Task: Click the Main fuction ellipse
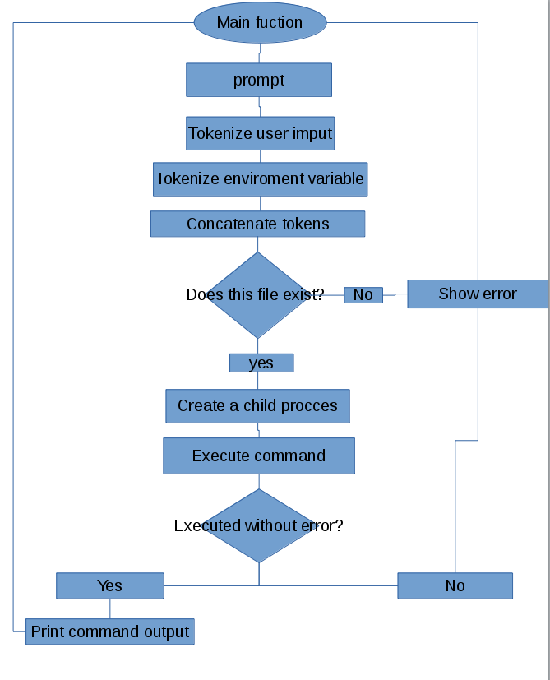tap(260, 22)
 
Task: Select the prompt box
tap(259, 80)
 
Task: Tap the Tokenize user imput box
tap(260, 133)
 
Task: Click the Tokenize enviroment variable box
tap(260, 178)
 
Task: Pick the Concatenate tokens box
tap(257, 224)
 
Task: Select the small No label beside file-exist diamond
tap(363, 294)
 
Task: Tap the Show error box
tap(477, 294)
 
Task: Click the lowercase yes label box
tap(261, 363)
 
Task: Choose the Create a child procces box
tap(257, 405)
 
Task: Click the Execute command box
tap(259, 456)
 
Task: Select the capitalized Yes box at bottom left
tap(109, 585)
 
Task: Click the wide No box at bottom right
tap(455, 585)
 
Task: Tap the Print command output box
tap(110, 631)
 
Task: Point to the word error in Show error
tap(499, 294)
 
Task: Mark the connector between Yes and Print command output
tap(110, 608)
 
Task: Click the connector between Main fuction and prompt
tap(260, 53)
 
